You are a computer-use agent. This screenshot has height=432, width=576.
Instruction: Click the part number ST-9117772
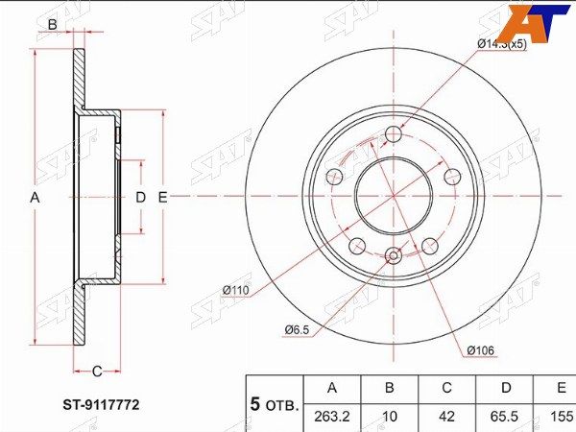click(101, 405)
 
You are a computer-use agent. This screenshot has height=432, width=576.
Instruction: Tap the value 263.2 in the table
click(332, 417)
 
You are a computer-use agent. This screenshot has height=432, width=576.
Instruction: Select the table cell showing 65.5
click(506, 417)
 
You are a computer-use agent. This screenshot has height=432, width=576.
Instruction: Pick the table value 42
click(446, 417)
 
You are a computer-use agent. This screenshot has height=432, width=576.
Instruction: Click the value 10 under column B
click(390, 417)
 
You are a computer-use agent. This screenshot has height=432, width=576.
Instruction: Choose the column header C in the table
click(446, 388)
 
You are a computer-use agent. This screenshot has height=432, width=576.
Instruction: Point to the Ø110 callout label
click(236, 291)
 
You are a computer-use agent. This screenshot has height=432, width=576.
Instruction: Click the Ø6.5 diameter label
click(297, 330)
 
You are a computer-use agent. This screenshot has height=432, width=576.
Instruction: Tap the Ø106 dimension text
click(481, 350)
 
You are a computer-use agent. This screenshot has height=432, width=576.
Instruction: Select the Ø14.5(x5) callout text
click(502, 44)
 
